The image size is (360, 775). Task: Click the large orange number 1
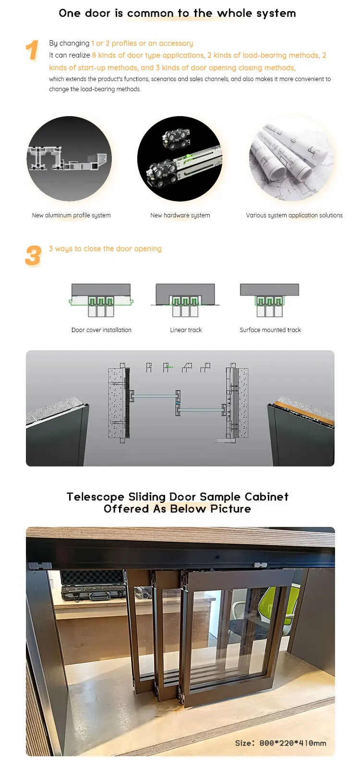coord(32,50)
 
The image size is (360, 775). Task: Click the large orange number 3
coord(33,256)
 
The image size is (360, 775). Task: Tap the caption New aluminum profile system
coord(71,215)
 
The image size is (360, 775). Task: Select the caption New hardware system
coord(180,215)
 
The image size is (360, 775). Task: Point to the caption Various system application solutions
coord(294,215)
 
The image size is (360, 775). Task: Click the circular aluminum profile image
coord(69,159)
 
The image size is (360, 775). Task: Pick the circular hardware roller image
coord(180,159)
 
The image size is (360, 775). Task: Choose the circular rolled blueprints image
coord(291,159)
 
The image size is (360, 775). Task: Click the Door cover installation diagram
coord(101,300)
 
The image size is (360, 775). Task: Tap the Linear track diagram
coord(185,300)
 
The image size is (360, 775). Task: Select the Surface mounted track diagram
coord(270,300)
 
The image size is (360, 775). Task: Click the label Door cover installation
coord(101,330)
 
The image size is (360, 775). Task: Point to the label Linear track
coord(186,330)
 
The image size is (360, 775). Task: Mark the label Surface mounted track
coord(270,330)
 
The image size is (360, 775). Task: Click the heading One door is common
coord(177,13)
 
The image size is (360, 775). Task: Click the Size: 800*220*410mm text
coord(280,743)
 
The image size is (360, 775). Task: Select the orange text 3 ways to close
coord(105,249)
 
